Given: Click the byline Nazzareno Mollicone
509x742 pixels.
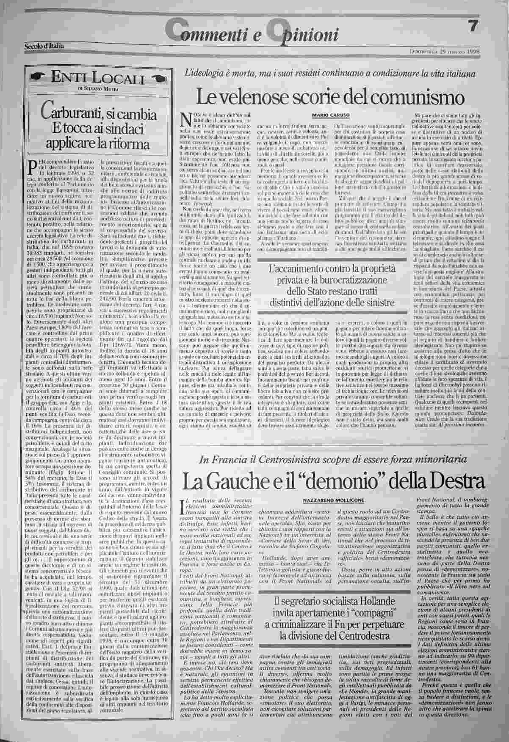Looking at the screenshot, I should point(334,500).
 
